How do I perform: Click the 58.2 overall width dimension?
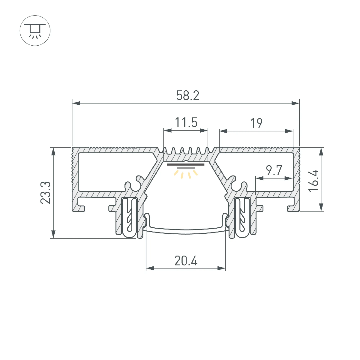point(188,95)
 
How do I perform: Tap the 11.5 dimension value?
point(186,123)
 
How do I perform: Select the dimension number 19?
point(256,123)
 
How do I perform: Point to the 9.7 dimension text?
point(274,170)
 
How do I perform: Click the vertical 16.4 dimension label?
point(313,181)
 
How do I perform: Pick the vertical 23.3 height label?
point(45,193)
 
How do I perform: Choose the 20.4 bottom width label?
point(186,261)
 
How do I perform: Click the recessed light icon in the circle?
point(35,31)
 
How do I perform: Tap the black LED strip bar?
point(186,165)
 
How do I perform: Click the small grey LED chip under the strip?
point(186,168)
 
